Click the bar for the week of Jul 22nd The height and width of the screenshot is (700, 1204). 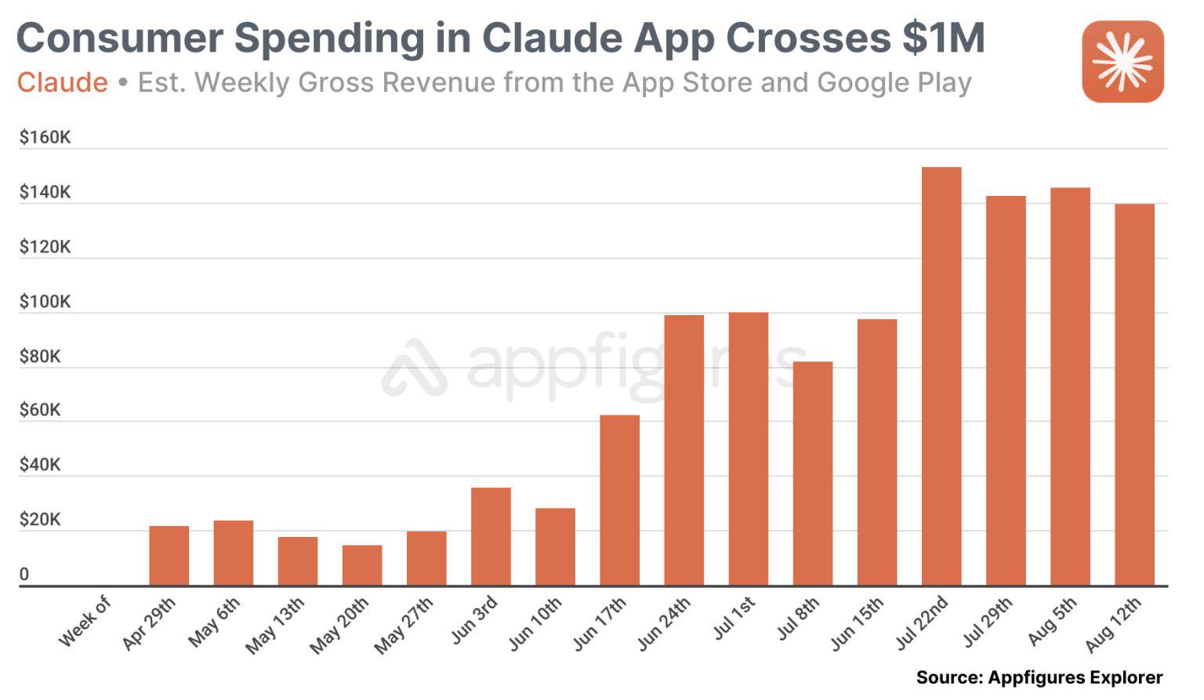pos(941,376)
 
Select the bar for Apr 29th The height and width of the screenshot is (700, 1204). pos(169,556)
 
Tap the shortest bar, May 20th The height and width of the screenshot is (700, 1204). pos(362,565)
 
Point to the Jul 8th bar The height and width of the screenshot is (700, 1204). pos(813,473)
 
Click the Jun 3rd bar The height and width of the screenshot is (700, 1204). pos(491,536)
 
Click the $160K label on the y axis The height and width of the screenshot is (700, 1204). pos(45,138)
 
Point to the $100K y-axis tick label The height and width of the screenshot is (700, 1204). pos(45,302)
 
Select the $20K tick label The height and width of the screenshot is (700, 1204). pos(40,520)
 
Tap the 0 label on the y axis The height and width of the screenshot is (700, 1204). pos(24,575)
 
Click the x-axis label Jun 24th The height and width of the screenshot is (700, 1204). pos(664,623)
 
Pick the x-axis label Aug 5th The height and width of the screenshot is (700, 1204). pos(1053,621)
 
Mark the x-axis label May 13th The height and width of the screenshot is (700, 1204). pos(275,625)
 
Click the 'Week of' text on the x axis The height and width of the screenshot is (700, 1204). pos(85,621)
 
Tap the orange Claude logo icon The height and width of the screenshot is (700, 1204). pos(1122,62)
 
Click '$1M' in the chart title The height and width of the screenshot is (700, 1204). pos(943,38)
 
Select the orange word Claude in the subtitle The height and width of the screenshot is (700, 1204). pos(63,82)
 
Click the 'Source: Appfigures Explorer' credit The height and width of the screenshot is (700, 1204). pos(1039,677)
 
